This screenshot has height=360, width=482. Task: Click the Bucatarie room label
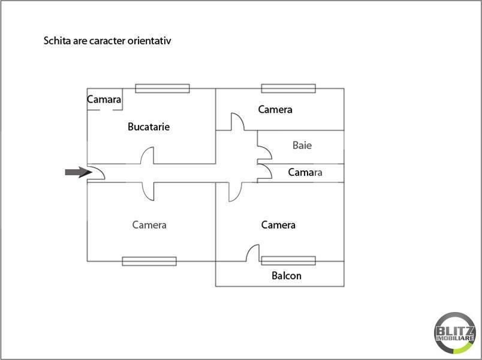(x=149, y=127)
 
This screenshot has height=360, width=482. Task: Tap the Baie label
(x=302, y=145)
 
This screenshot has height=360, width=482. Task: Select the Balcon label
(x=286, y=275)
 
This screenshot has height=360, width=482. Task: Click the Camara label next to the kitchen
(x=104, y=100)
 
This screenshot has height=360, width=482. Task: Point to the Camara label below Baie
(x=305, y=172)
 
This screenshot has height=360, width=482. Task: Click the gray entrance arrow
(x=79, y=172)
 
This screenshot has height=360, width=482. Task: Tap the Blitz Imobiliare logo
(x=455, y=333)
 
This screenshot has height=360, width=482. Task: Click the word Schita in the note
(x=57, y=41)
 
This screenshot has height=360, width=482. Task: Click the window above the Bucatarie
(x=162, y=88)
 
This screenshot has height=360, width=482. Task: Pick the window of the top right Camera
(x=288, y=88)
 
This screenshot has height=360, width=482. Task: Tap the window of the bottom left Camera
(x=149, y=261)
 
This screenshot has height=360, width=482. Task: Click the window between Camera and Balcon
(x=288, y=260)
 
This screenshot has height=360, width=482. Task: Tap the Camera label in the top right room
(x=275, y=110)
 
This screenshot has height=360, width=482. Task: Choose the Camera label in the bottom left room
(x=149, y=225)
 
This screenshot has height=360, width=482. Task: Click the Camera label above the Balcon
(x=278, y=225)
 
